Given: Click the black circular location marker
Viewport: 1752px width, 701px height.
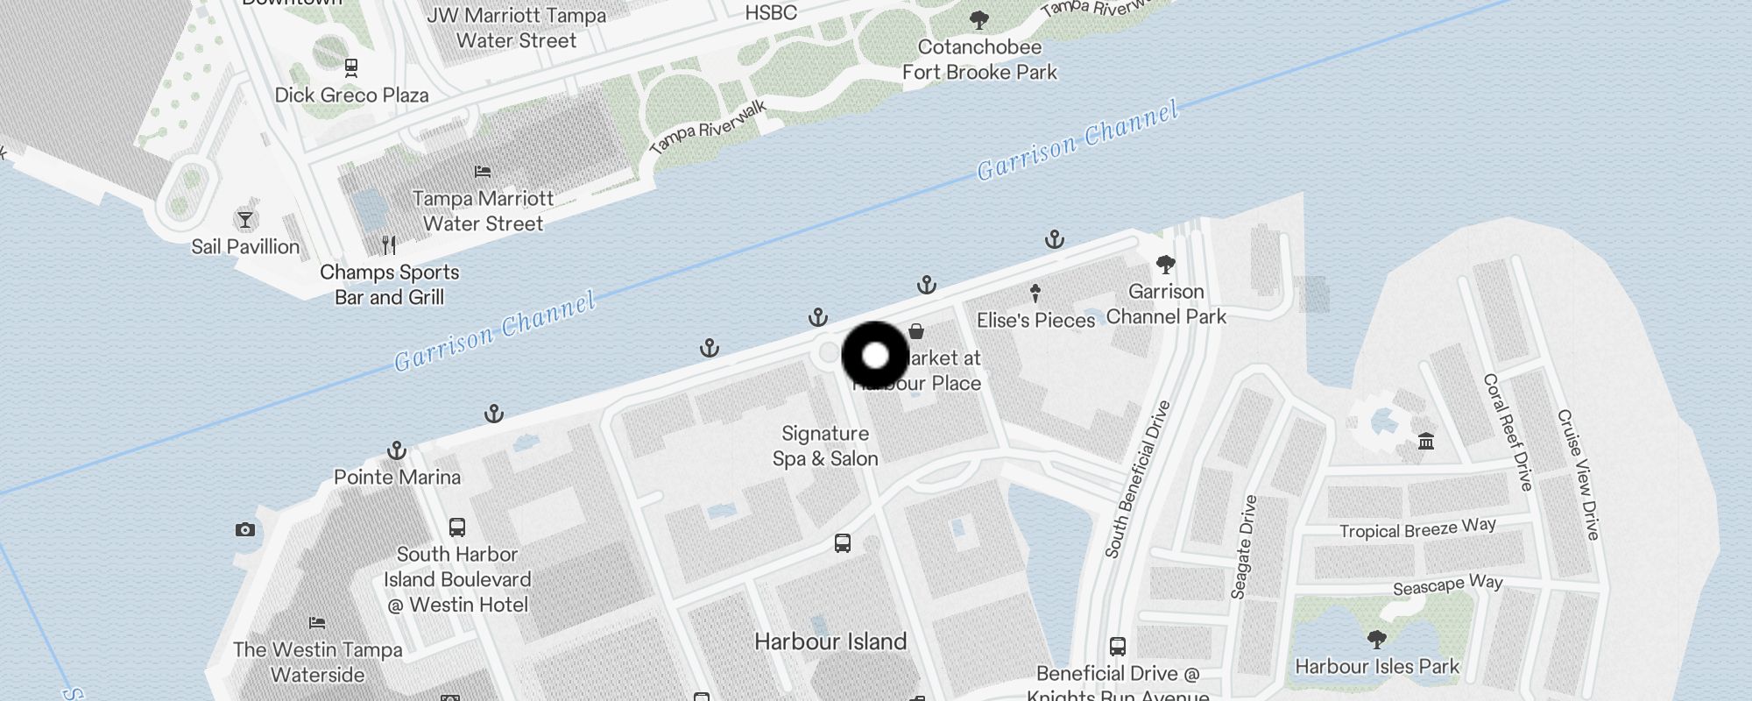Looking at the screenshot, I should (x=875, y=357).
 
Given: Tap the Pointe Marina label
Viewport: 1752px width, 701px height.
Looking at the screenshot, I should (x=397, y=478).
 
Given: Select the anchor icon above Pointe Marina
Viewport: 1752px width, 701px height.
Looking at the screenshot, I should (x=397, y=450).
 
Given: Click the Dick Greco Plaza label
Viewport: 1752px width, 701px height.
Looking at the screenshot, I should (x=351, y=96).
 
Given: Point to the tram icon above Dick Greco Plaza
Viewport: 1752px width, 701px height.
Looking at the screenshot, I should (x=351, y=67).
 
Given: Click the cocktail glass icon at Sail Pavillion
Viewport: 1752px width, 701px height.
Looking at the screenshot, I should (x=245, y=219).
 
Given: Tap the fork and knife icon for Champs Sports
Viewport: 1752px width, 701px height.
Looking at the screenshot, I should (x=389, y=244).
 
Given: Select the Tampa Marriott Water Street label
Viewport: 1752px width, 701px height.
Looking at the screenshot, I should (x=483, y=211).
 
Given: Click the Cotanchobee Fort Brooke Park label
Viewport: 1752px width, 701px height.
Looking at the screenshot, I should (x=979, y=60).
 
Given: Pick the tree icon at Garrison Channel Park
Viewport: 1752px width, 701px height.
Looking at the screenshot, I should (x=1165, y=264).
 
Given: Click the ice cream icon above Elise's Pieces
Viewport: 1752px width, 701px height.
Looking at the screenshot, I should (x=1035, y=293).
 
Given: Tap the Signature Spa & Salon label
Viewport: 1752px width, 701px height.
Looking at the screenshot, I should (x=824, y=446).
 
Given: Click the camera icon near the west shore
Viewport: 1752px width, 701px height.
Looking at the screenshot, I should (x=245, y=529).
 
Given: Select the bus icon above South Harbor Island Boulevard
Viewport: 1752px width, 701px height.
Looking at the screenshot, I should (x=457, y=527).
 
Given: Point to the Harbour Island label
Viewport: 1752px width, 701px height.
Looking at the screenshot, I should (x=830, y=641).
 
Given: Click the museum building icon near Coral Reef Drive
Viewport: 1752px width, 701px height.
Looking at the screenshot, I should (x=1426, y=441).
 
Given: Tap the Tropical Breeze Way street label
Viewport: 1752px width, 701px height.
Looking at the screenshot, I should (x=1416, y=528).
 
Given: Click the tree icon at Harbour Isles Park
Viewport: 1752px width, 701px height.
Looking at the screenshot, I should (x=1376, y=638).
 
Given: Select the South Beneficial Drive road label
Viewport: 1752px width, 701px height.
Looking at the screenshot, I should (x=1137, y=479).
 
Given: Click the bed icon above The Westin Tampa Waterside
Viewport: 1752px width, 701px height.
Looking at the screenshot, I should (x=317, y=623).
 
